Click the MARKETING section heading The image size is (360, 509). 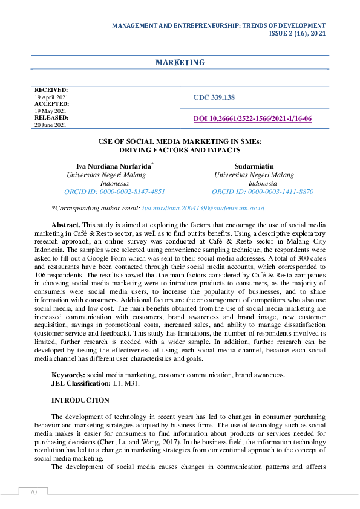pos(180,63)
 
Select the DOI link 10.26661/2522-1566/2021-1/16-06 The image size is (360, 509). pos(252,118)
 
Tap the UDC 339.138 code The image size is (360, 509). pos(214,97)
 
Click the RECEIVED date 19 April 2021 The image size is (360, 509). pos(51,97)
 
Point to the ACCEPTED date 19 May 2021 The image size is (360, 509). pos(50,111)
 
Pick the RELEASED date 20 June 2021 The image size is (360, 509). pos(51,125)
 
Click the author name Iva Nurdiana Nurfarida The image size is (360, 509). pos(114,165)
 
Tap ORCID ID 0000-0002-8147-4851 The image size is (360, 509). pos(115,191)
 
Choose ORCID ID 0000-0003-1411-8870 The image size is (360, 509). pos(263,191)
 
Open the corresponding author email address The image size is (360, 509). pos(203,207)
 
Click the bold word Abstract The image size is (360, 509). pos(65,224)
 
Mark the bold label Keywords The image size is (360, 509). pos(68,375)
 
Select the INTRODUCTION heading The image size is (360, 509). pos(80,400)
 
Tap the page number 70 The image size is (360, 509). pos(33,492)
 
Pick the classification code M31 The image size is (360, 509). pos(136,383)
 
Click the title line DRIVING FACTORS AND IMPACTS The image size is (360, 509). pos(180,149)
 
